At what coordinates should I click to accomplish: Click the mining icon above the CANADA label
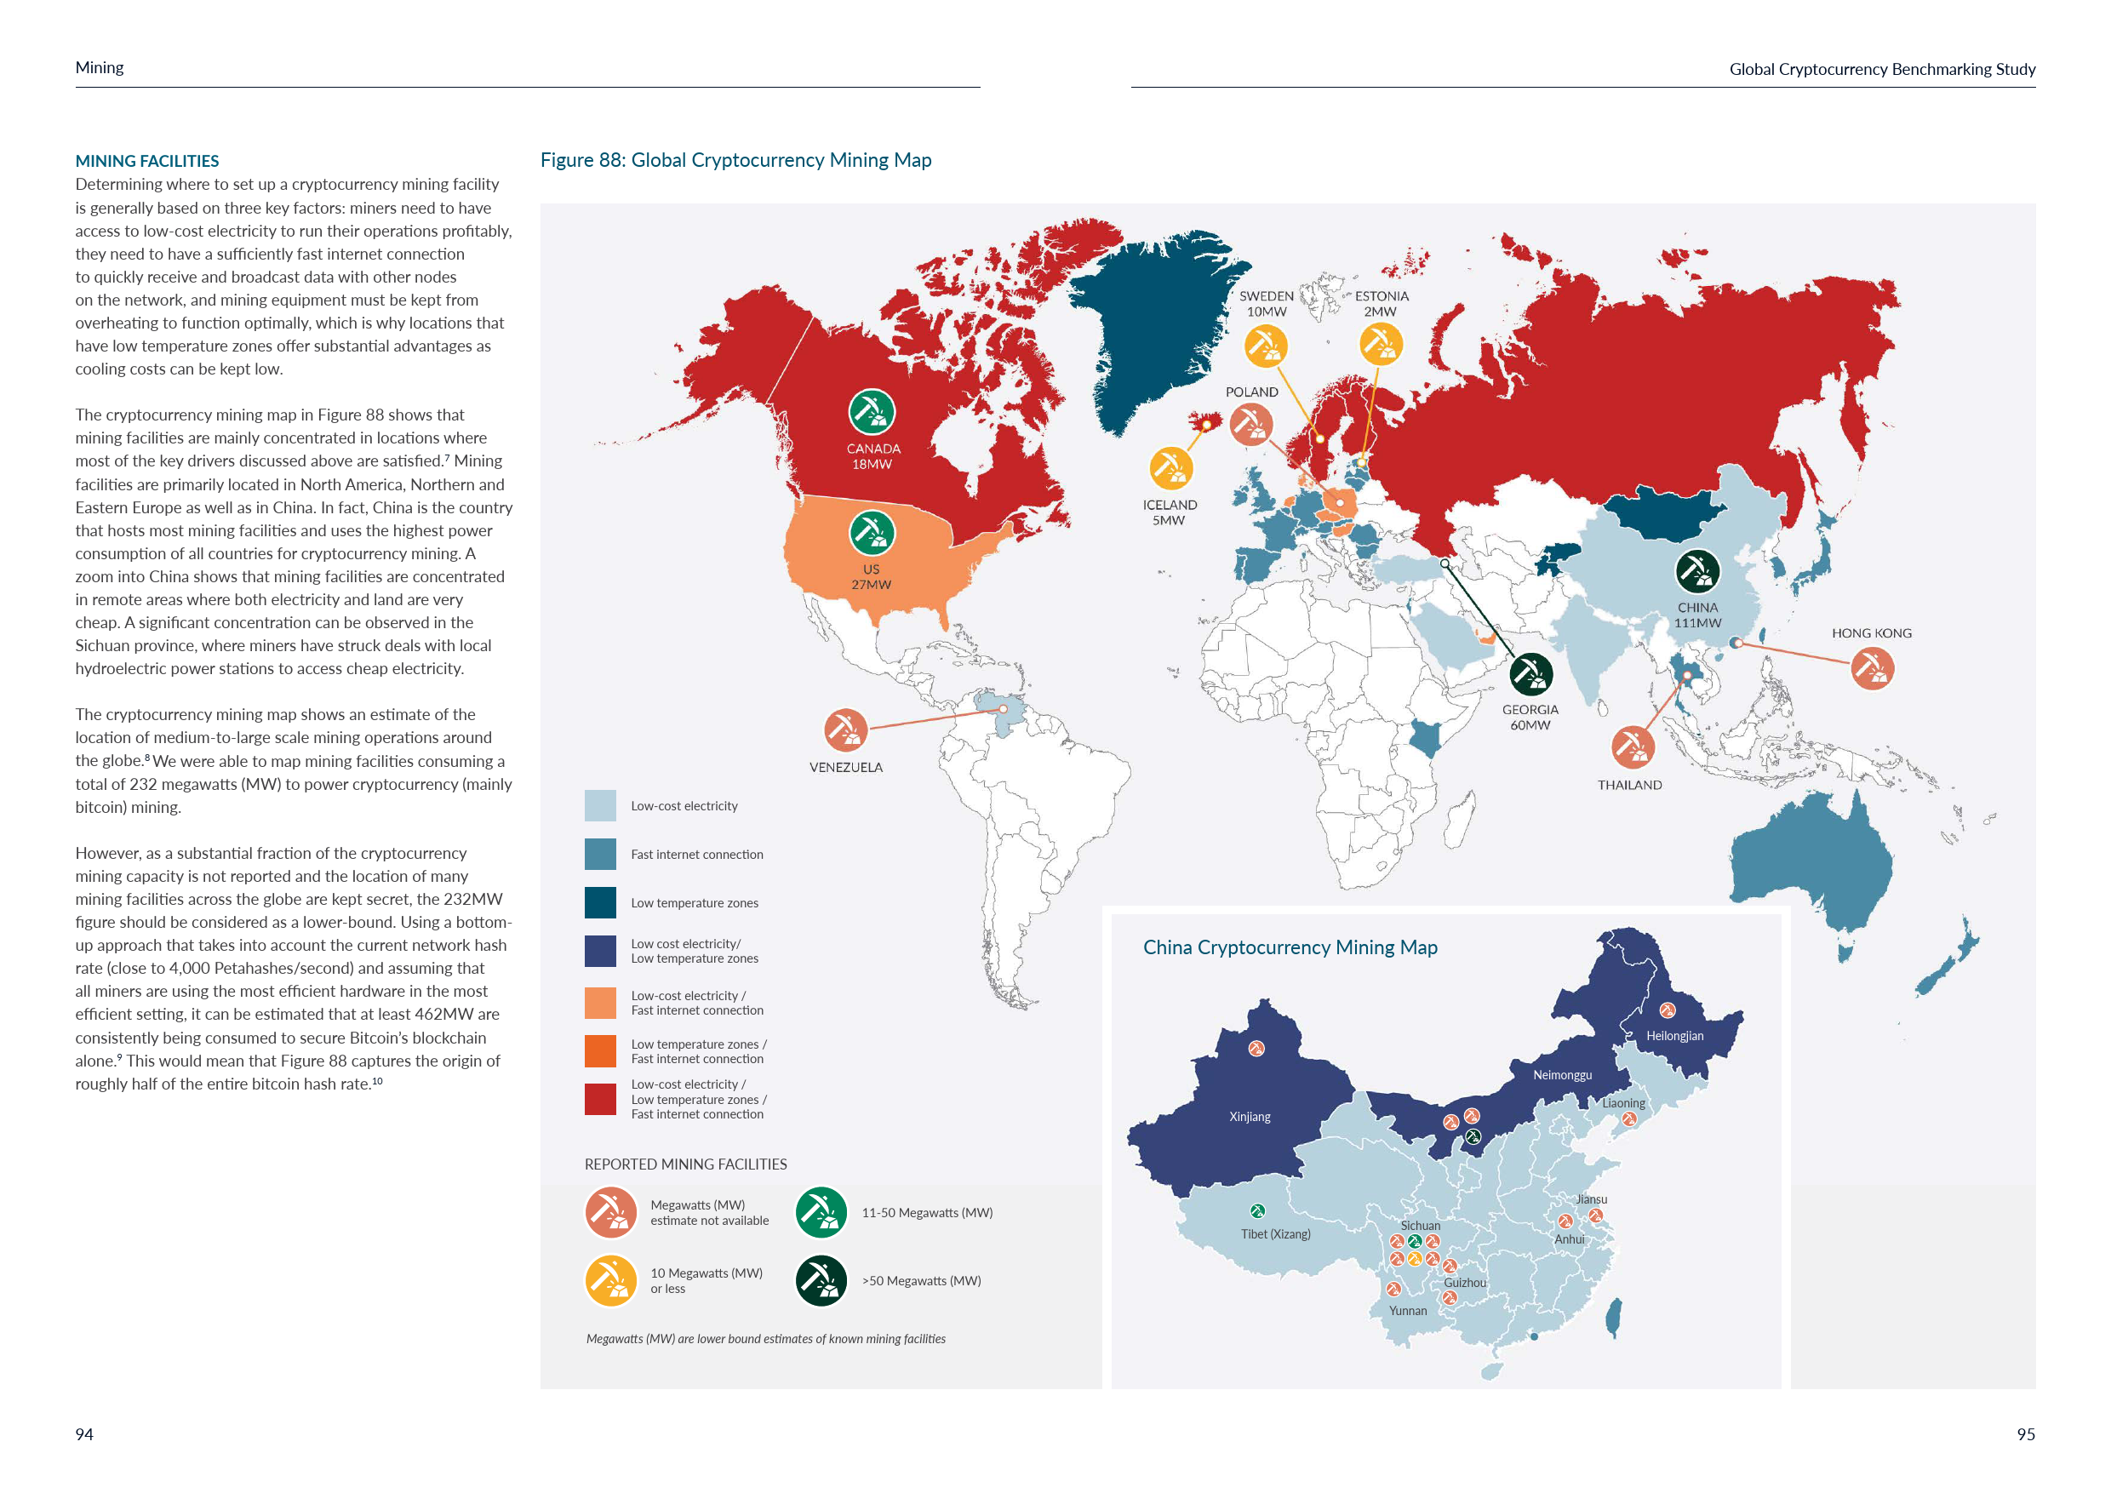pos(871,411)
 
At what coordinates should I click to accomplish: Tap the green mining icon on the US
pos(871,532)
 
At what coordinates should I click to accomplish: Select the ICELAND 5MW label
pos(1169,512)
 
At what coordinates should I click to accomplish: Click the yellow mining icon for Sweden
pos(1265,346)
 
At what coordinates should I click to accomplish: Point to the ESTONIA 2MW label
pos(1381,303)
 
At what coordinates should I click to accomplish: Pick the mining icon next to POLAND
pos(1250,424)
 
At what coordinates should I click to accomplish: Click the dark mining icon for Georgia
pos(1530,674)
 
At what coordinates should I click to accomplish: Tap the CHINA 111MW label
pos(1697,615)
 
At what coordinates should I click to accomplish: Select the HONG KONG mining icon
pos(1871,668)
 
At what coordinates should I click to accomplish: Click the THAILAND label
pos(1629,785)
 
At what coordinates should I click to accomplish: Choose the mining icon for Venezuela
pos(845,730)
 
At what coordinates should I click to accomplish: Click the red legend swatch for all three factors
pos(600,1100)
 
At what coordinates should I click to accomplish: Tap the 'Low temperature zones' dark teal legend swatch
pos(600,903)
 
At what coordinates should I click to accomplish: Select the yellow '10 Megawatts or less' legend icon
pos(610,1281)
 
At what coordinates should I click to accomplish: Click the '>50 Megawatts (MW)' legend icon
pos(820,1281)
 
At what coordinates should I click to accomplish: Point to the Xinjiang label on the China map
pos(1250,1117)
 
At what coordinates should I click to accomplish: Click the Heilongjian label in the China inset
pos(1674,1036)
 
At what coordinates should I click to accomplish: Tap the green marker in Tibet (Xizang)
pos(1257,1210)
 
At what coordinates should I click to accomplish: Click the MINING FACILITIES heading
pos(147,161)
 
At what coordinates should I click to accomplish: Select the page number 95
pos(2026,1434)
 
